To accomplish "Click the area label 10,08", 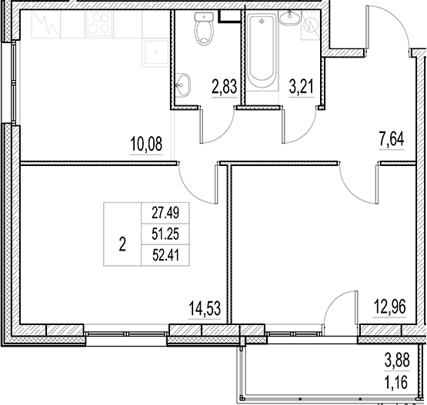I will [x=145, y=144].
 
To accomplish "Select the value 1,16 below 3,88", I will [x=398, y=380].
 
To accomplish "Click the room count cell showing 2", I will [x=122, y=246].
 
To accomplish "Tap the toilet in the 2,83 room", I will [x=203, y=31].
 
